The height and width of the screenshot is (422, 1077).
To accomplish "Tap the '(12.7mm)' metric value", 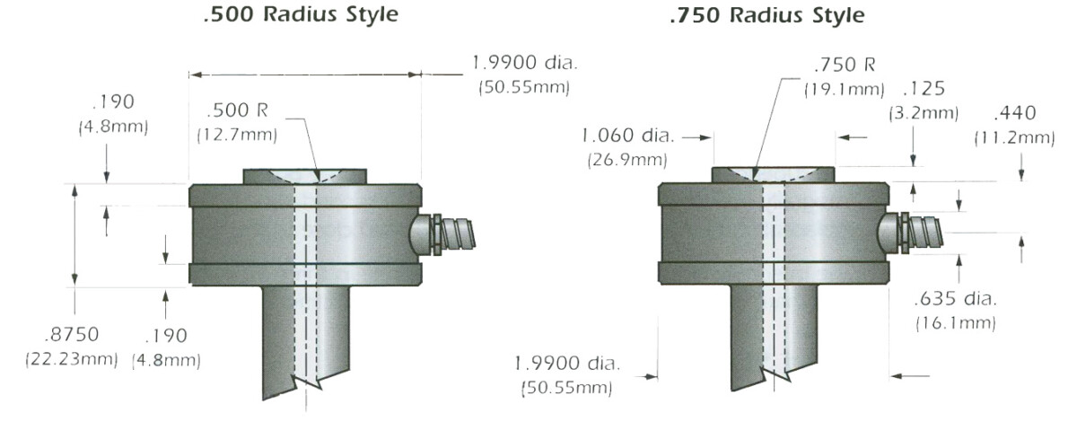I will [237, 135].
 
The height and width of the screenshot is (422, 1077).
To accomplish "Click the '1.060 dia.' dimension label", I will [627, 136].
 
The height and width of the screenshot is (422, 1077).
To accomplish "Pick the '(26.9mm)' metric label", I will [627, 161].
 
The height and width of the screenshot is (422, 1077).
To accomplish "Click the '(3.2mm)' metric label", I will [924, 113].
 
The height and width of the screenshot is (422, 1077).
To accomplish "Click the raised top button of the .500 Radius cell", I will [304, 177].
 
